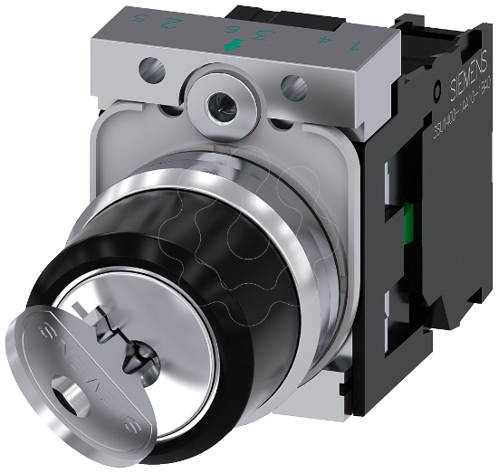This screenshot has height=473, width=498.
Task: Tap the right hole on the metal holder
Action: point(291,88)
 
